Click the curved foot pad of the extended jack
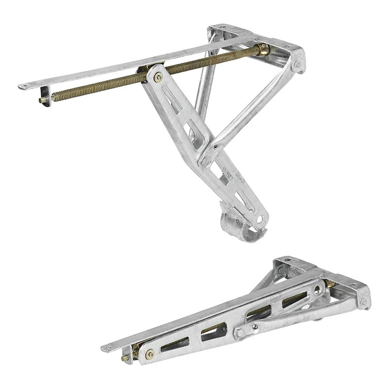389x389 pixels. [x=241, y=229]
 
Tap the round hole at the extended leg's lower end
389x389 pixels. [x=260, y=219]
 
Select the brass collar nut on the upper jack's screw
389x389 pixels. [x=263, y=49]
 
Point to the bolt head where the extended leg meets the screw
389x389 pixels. [x=158, y=77]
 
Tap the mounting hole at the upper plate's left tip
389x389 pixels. [x=25, y=87]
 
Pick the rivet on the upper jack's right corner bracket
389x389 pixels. [x=297, y=64]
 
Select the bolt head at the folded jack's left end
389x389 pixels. [x=150, y=354]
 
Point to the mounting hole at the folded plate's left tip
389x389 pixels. [x=107, y=348]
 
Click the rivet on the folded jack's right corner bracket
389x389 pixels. [x=364, y=301]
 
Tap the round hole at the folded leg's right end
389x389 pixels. [x=317, y=290]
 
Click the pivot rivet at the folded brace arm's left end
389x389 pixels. [x=240, y=334]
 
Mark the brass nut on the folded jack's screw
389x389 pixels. [x=329, y=283]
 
